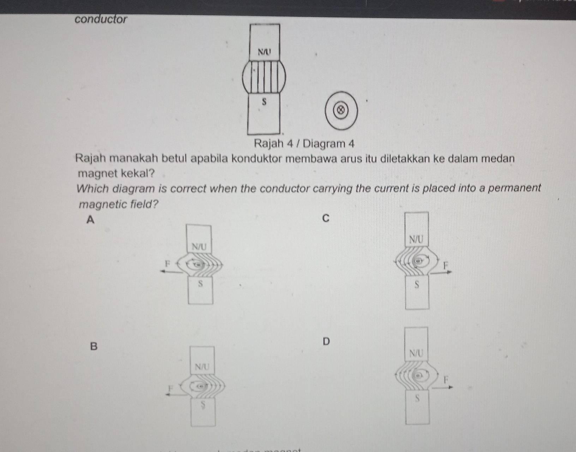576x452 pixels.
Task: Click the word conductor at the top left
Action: (x=101, y=19)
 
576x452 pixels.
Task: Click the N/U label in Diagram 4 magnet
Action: (x=264, y=52)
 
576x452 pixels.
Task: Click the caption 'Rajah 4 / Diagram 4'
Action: (x=304, y=144)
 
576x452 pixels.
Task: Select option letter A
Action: (x=90, y=220)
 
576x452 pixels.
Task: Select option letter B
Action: (x=93, y=346)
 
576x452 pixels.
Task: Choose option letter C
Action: (x=325, y=219)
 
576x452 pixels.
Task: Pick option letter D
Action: (x=326, y=341)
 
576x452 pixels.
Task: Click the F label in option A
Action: (x=168, y=263)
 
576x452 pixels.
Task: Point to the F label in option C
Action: (x=445, y=265)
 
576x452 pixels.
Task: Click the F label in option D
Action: (x=446, y=380)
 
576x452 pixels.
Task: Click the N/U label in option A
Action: (x=199, y=246)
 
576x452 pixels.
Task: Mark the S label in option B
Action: (x=203, y=404)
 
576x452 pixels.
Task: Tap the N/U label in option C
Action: (x=416, y=239)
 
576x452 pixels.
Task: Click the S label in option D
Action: (x=418, y=398)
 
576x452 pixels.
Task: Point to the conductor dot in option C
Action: (x=419, y=261)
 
